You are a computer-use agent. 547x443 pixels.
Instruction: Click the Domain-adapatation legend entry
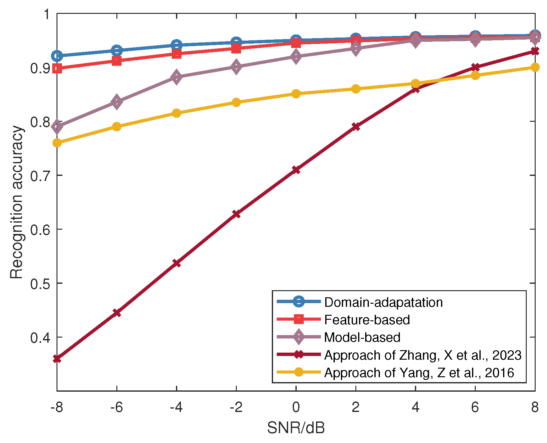click(383, 302)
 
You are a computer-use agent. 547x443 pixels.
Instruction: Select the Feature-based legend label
click(367, 320)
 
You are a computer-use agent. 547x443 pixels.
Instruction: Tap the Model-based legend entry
click(362, 337)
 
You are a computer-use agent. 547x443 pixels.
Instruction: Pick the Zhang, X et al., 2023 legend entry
click(423, 355)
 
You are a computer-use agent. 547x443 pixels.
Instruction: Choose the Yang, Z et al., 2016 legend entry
click(419, 373)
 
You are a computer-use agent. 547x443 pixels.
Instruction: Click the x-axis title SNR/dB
click(296, 428)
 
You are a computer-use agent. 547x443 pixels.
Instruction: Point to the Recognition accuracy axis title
click(17, 202)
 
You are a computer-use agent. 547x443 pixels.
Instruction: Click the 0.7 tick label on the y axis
click(40, 176)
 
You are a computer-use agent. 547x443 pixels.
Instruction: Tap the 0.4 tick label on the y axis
click(40, 338)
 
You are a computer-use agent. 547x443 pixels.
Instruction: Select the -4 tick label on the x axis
click(176, 407)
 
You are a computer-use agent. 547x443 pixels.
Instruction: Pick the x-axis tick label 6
click(475, 407)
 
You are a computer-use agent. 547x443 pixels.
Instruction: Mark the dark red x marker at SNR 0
click(296, 170)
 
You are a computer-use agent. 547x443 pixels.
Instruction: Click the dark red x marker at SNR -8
click(57, 358)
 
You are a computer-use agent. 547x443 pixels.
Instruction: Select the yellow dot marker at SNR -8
click(57, 143)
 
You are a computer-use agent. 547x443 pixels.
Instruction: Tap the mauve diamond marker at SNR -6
click(117, 102)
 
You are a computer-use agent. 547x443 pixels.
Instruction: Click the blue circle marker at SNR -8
click(57, 56)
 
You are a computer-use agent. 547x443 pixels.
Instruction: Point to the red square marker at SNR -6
click(117, 61)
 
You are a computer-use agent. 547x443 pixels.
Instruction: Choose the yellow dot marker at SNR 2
click(356, 89)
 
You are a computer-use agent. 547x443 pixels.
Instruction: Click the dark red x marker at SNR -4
click(176, 263)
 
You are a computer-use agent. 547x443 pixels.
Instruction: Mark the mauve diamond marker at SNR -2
click(236, 67)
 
